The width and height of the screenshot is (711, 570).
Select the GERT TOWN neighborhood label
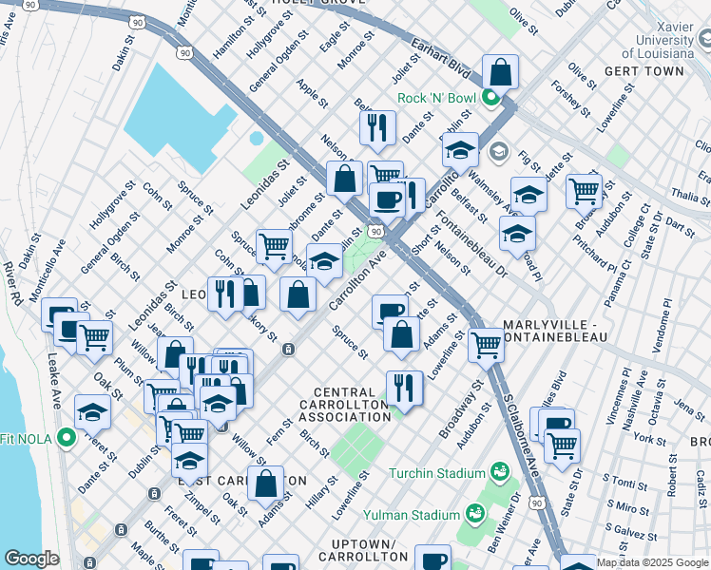point(656,71)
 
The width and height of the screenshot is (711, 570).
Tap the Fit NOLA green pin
point(66,438)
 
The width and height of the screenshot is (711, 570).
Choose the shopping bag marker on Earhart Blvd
point(500,71)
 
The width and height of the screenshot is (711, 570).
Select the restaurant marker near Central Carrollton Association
point(404,386)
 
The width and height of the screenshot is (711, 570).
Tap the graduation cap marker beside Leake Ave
point(92,412)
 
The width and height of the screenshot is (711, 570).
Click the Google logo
point(31,559)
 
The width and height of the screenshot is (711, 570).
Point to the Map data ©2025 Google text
point(653,562)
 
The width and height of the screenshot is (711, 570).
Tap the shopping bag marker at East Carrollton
point(267,482)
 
